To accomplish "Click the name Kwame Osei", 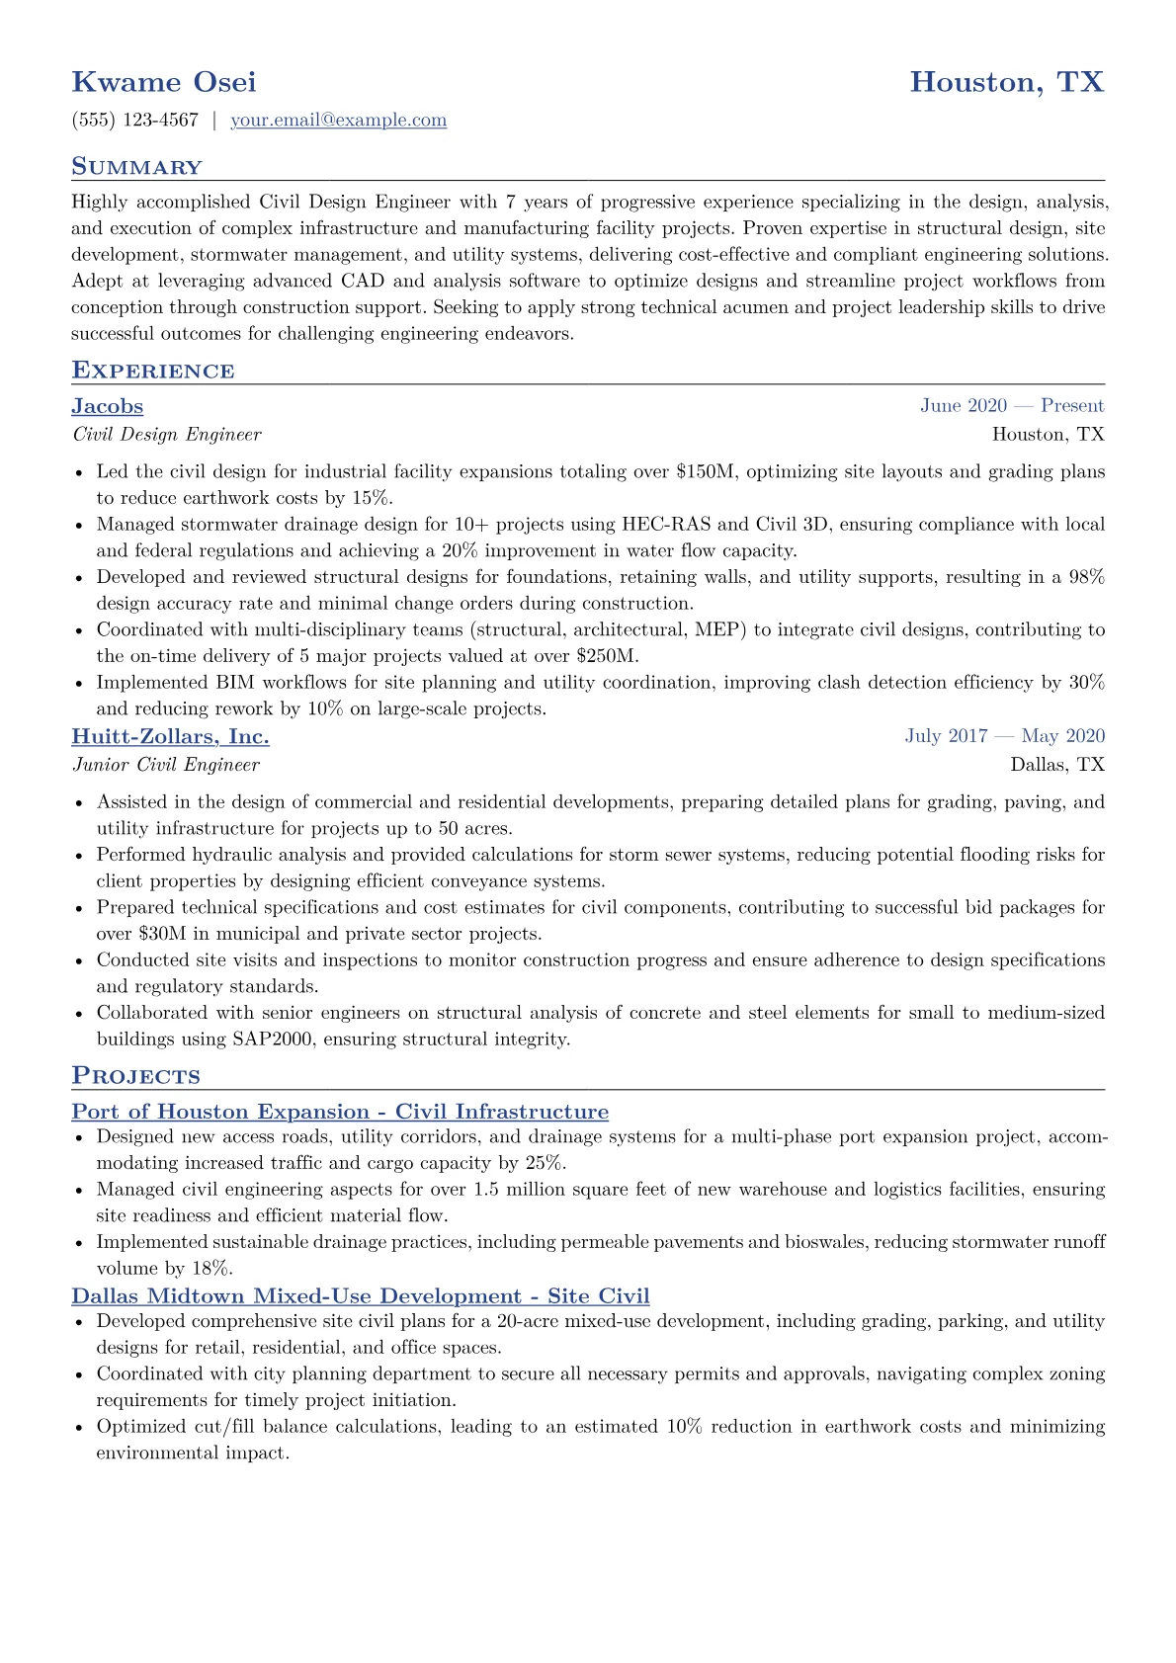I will (x=164, y=82).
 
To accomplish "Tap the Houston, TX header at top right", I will (x=1006, y=82).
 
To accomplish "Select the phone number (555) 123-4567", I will (x=135, y=121).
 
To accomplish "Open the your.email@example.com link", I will (x=338, y=121).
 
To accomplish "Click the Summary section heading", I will (x=136, y=167).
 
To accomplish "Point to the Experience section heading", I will (x=153, y=371).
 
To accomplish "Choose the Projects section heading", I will (x=135, y=1076).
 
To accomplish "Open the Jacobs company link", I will (x=107, y=406).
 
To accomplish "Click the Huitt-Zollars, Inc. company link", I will (x=170, y=736).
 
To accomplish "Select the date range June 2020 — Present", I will (x=1012, y=406).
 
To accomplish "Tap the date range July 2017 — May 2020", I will (x=1004, y=736).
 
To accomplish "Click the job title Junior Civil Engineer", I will (x=166, y=765).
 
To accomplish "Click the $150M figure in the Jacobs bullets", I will (x=706, y=472).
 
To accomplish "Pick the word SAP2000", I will (x=273, y=1039).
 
